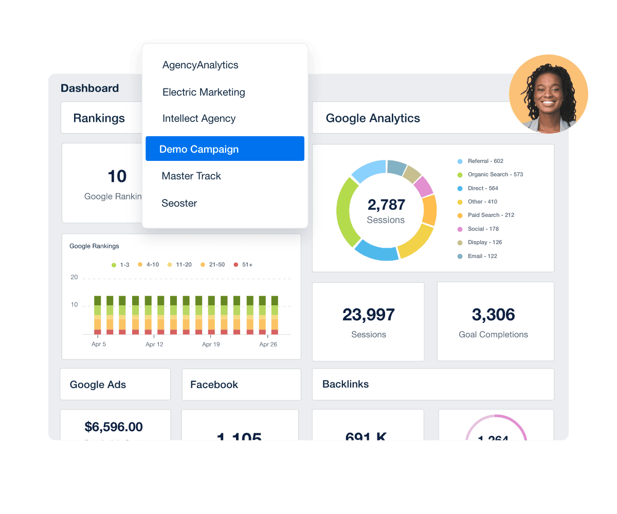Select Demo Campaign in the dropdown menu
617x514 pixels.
click(199, 149)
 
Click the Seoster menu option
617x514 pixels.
click(179, 203)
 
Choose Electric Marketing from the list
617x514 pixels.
click(204, 93)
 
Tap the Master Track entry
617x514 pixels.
click(191, 176)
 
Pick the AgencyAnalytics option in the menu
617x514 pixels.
click(201, 65)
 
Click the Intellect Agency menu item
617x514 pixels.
click(199, 119)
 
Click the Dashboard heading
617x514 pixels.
click(90, 88)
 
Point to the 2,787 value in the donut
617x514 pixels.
click(386, 205)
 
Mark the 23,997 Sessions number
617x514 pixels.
click(369, 315)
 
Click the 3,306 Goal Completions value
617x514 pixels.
click(493, 315)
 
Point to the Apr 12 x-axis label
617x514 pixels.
click(154, 344)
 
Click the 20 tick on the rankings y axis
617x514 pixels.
click(74, 278)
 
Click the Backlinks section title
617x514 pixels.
click(346, 384)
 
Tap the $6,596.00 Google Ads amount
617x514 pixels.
click(114, 427)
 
